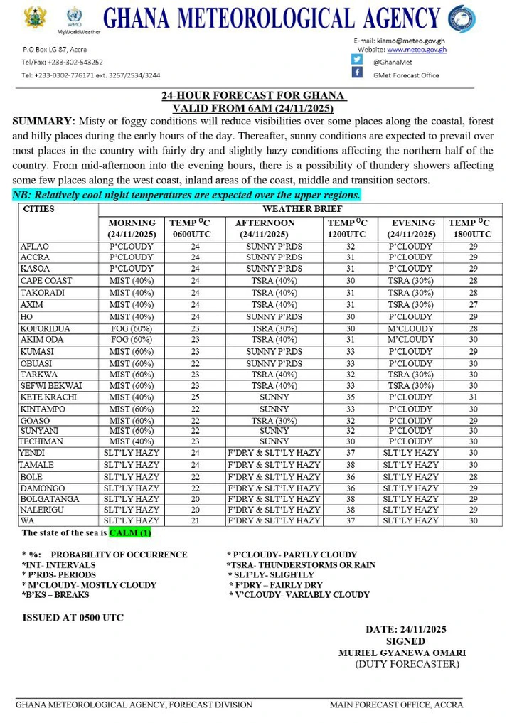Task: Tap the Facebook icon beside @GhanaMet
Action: click(x=356, y=60)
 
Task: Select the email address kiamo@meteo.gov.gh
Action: click(x=412, y=41)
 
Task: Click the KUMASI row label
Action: click(x=38, y=352)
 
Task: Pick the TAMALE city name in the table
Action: click(x=37, y=465)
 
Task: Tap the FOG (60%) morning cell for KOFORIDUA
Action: click(x=132, y=329)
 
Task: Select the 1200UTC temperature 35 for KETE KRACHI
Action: click(x=351, y=397)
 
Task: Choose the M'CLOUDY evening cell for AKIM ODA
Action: click(x=410, y=341)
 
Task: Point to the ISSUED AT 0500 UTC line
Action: click(x=73, y=618)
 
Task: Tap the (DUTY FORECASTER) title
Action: click(x=407, y=664)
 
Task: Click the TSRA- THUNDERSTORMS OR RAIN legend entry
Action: click(x=301, y=565)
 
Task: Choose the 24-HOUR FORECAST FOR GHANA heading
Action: click(x=253, y=95)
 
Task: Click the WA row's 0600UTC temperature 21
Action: click(x=196, y=521)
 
